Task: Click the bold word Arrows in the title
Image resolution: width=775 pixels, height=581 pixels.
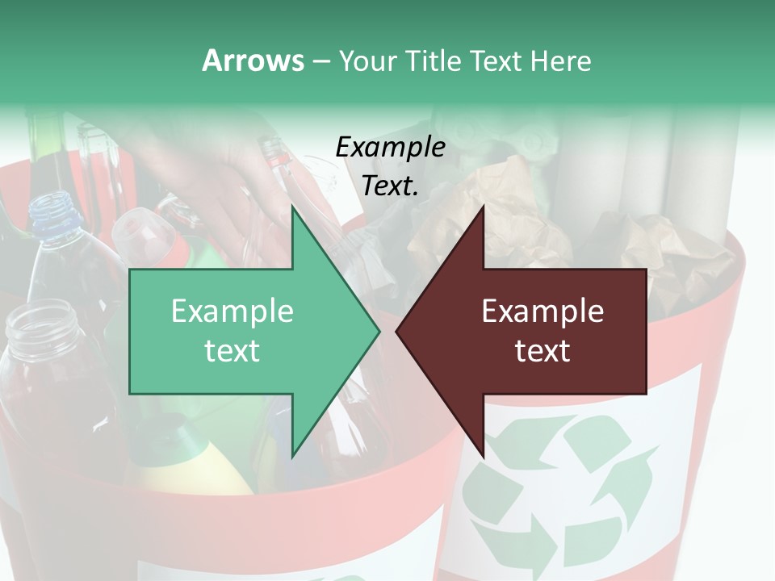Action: [x=253, y=61]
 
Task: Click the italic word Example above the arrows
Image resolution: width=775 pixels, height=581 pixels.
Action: [x=390, y=147]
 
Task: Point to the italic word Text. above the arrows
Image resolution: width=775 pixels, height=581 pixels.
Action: [x=390, y=186]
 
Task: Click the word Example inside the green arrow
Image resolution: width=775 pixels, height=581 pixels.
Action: [x=232, y=311]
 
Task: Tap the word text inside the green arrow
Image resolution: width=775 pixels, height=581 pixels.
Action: [x=232, y=351]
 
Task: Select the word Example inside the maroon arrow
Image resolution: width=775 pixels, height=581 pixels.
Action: [x=542, y=311]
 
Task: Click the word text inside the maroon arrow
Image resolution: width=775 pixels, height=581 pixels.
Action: [x=542, y=351]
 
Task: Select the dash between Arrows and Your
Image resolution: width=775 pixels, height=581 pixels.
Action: [x=320, y=61]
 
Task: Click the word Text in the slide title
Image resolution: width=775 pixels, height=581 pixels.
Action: [x=496, y=61]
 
